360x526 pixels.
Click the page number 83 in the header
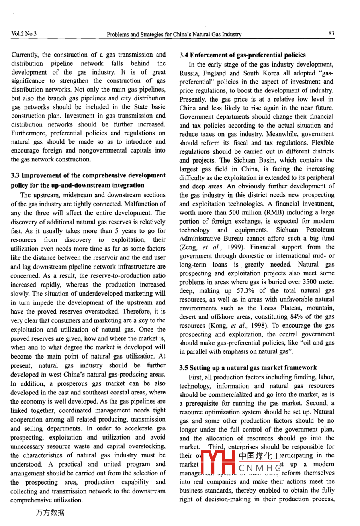click(331, 34)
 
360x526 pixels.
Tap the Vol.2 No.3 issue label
click(24, 34)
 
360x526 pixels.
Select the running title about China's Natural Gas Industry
click(174, 34)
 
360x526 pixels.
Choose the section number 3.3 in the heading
click(16, 175)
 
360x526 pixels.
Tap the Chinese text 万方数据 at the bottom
click(50, 513)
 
